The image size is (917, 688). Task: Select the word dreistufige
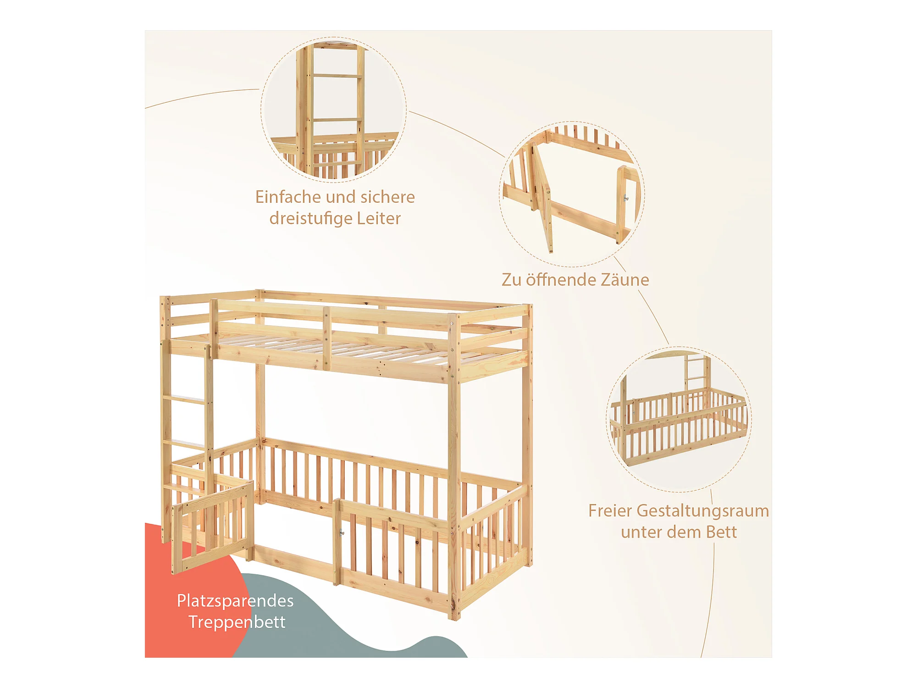click(x=310, y=218)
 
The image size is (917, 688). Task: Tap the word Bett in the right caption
click(x=721, y=532)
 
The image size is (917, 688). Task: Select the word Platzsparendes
click(x=235, y=601)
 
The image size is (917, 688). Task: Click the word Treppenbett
click(x=237, y=622)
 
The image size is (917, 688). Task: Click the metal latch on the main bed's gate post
click(x=342, y=533)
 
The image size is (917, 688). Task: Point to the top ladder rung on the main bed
click(x=184, y=399)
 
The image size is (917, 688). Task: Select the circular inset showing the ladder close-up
click(x=333, y=109)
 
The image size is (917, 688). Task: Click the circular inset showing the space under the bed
click(x=679, y=419)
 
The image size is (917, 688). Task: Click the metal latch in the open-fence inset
click(x=626, y=198)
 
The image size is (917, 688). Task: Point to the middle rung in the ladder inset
click(x=337, y=120)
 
